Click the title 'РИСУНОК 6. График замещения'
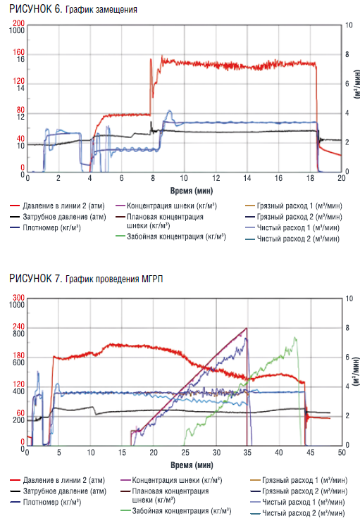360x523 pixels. tap(73, 9)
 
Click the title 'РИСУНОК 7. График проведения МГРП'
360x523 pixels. tap(86, 279)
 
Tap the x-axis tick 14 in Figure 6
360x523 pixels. tap(247, 178)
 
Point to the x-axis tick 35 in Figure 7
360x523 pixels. tap(247, 453)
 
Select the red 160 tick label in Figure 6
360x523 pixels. tap(19, 52)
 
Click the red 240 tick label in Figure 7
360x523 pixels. tap(19, 326)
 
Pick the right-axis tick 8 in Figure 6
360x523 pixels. tap(347, 54)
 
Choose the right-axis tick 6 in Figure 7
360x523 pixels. tap(347, 357)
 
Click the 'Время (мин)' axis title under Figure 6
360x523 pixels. tap(192, 191)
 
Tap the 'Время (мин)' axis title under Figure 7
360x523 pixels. tap(192, 465)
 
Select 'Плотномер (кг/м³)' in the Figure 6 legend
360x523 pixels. tap(51, 228)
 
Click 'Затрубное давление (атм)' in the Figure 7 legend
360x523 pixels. tap(64, 491)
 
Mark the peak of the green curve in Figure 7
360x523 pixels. tap(295, 338)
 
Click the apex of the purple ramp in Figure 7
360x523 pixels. tap(247, 328)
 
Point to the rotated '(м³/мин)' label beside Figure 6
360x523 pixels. tap(356, 84)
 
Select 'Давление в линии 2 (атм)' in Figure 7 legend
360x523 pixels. tap(64, 480)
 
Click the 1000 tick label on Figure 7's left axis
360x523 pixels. tap(17, 305)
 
